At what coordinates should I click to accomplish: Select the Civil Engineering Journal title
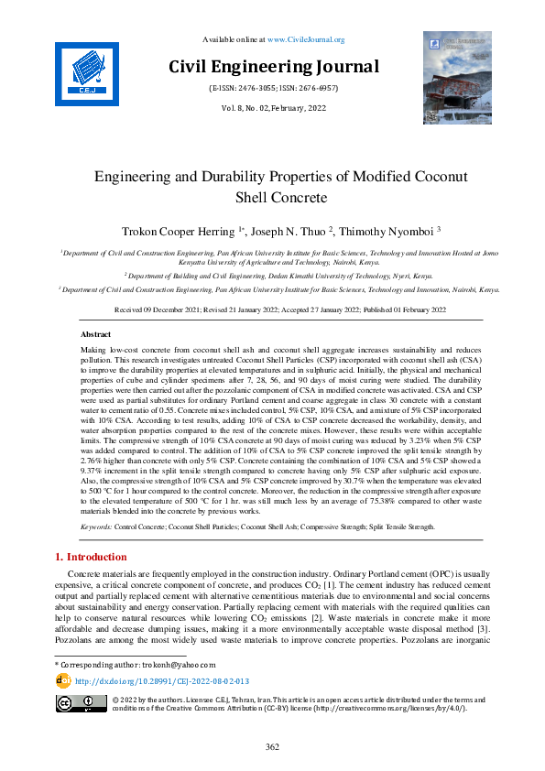272,67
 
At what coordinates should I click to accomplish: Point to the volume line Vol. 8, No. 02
272,108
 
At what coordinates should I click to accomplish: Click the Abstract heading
95,335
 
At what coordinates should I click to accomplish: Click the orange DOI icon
63,681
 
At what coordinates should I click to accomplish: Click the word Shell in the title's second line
257,197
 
